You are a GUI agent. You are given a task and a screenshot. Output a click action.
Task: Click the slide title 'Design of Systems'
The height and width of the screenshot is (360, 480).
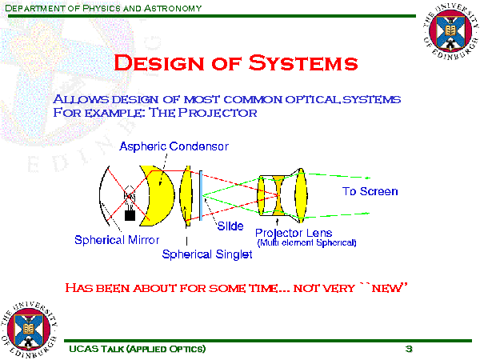coord(236,62)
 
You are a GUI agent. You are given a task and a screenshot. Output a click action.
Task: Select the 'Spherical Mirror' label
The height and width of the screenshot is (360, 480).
coord(117,239)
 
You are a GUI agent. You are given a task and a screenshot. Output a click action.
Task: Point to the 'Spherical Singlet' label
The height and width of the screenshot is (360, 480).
coord(207,254)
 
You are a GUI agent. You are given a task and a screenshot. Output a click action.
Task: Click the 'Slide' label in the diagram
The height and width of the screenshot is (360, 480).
coord(230,226)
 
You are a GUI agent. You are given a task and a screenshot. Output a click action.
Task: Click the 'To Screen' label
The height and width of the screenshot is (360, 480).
coord(370,192)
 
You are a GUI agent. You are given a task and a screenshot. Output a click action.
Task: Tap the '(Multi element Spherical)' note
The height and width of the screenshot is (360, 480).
coord(306,242)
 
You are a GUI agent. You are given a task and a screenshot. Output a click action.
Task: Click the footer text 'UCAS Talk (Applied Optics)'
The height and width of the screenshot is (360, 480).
coord(137,350)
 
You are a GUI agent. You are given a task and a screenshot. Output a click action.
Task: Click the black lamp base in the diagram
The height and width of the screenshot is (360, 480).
coord(130,214)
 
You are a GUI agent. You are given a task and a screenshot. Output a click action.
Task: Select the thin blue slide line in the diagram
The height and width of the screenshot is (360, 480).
coord(201,194)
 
